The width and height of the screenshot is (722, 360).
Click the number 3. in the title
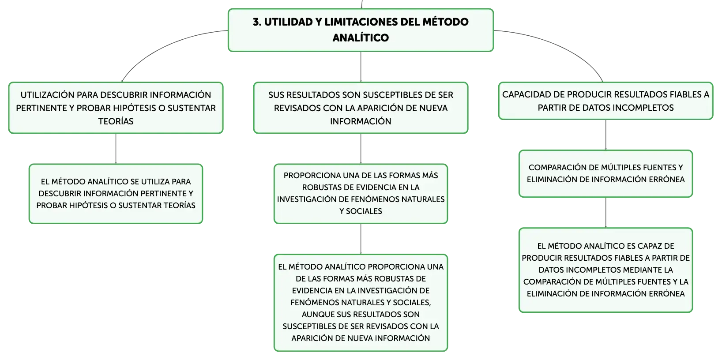(257, 22)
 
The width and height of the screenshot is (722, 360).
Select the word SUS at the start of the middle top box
(276, 95)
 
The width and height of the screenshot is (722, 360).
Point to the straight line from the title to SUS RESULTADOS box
(361, 67)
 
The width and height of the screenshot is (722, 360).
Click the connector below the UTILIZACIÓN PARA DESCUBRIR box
(116, 149)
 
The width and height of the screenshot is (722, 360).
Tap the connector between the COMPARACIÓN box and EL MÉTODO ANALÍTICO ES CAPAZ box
(605, 212)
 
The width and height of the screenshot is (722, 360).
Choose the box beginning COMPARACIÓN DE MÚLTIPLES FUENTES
(605, 173)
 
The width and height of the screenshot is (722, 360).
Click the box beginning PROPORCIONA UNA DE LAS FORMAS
(361, 194)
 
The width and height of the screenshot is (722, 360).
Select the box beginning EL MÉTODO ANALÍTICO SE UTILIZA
(116, 194)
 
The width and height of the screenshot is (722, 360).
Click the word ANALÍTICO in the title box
(361, 37)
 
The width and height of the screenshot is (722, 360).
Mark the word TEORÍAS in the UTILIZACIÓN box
(116, 121)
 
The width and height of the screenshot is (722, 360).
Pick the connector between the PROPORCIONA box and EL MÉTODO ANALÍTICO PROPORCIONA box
(361, 239)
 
